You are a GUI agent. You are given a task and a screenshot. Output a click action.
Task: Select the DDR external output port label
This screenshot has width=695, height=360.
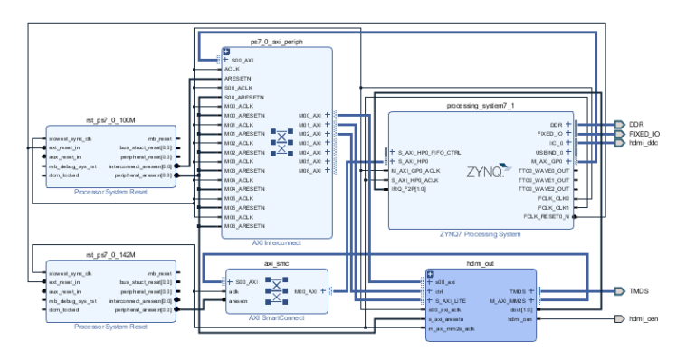(x=636, y=124)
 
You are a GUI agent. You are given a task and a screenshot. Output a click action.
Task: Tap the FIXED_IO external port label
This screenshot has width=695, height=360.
(x=644, y=133)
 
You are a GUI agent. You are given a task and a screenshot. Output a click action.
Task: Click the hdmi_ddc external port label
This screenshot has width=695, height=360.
(x=644, y=143)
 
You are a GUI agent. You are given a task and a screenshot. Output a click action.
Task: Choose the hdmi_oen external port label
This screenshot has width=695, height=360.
(x=645, y=319)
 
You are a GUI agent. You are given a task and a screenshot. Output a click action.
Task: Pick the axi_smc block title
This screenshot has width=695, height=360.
(x=275, y=263)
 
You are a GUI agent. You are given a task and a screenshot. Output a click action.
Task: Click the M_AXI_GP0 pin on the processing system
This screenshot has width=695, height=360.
(x=547, y=161)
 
